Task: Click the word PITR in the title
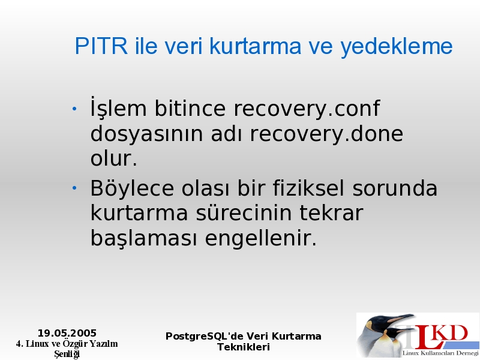tap(101, 46)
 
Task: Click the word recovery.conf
tap(307, 109)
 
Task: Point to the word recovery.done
tap(326, 134)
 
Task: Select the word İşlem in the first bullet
tap(118, 107)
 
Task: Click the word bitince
tap(190, 108)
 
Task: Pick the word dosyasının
tap(146, 134)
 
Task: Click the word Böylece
tap(132, 189)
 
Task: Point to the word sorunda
tap(395, 188)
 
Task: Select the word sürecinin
tap(244, 213)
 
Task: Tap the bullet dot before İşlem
tap(74, 109)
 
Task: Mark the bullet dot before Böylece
tap(74, 188)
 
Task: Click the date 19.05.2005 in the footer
tap(67, 333)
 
